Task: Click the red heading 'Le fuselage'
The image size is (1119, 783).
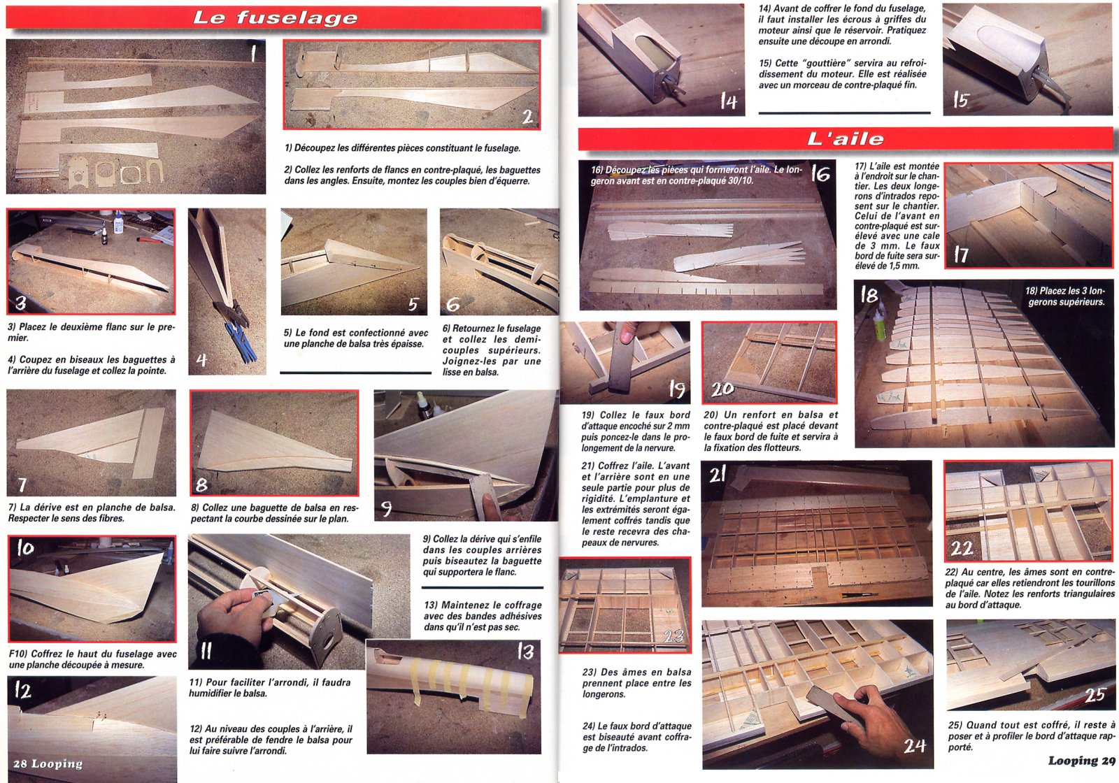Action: [x=276, y=18]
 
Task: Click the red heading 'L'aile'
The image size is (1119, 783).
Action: [x=846, y=139]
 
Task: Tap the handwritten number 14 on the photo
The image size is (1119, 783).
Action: [x=729, y=101]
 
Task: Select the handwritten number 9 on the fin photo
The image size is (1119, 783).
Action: [x=386, y=508]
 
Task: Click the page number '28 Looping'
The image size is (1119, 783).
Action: [x=48, y=764]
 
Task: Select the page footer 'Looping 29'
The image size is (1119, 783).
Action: [x=1081, y=761]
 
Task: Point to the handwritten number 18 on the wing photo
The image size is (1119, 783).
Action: [x=869, y=295]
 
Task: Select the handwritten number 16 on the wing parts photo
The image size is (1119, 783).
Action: [x=820, y=173]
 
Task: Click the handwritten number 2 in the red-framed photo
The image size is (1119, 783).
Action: [x=527, y=117]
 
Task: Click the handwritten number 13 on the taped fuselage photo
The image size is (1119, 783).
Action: [x=525, y=651]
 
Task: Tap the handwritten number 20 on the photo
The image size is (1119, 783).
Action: [x=722, y=389]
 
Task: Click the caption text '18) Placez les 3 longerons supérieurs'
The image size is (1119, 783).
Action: [x=1065, y=296]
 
